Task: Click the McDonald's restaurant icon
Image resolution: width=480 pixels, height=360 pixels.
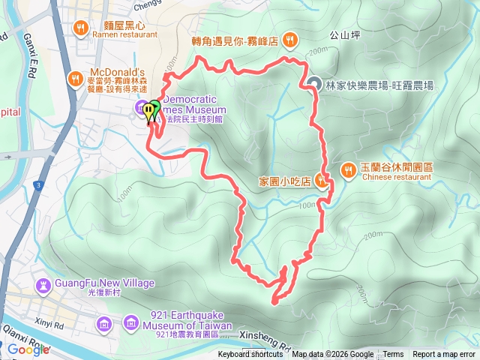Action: (x=75, y=77)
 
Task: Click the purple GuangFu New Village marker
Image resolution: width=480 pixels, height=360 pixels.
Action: (x=43, y=285)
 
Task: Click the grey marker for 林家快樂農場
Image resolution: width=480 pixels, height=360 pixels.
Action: (x=313, y=84)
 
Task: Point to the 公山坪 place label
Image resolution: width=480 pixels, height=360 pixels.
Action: (x=344, y=34)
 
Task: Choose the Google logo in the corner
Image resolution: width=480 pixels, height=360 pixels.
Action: (x=28, y=349)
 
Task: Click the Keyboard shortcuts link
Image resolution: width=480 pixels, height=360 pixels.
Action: (x=250, y=355)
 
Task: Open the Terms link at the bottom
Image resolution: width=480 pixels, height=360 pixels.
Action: (x=393, y=355)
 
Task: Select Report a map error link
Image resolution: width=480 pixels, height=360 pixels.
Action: (x=444, y=355)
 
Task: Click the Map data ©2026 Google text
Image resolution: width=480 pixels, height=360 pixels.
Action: (x=332, y=355)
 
